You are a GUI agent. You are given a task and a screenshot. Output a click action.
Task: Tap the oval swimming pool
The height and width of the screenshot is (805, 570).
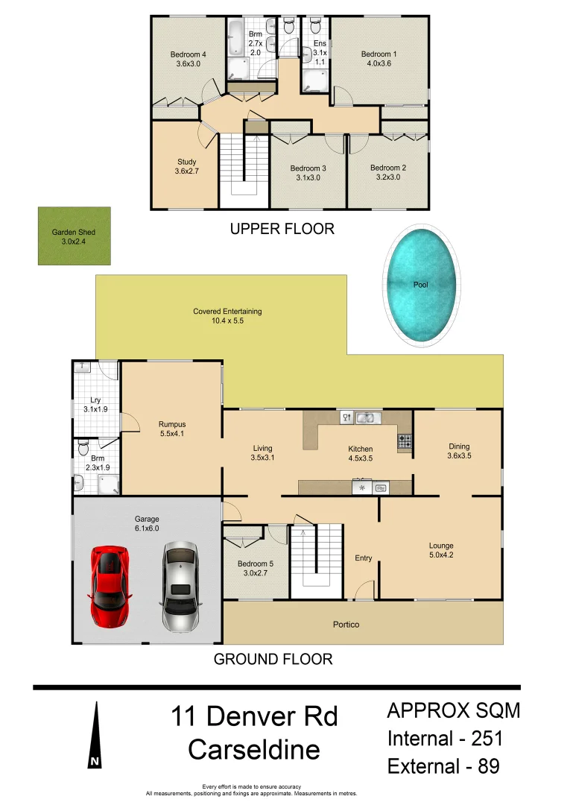(x=421, y=285)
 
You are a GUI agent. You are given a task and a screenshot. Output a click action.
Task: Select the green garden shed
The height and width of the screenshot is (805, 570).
(x=74, y=236)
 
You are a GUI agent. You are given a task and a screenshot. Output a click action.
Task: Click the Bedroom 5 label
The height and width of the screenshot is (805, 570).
(x=256, y=569)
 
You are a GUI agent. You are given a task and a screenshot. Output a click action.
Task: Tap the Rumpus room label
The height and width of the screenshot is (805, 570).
(x=171, y=429)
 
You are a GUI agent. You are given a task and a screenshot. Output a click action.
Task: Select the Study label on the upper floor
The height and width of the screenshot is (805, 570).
(x=186, y=166)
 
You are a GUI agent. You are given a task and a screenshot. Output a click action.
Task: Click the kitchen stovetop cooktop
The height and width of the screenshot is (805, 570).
(x=405, y=442)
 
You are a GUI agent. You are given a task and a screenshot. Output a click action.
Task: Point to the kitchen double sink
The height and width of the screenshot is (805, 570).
(x=365, y=418)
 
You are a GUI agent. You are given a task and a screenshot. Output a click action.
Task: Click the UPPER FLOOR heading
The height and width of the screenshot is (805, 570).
(x=282, y=229)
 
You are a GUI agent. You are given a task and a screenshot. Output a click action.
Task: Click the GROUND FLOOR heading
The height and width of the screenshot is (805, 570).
(x=273, y=659)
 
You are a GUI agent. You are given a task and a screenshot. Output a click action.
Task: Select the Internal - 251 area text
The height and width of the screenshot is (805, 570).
(x=445, y=739)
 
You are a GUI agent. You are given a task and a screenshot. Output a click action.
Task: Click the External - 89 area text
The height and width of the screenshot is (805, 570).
(x=443, y=765)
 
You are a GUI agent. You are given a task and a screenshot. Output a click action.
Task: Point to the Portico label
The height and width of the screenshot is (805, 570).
(x=346, y=625)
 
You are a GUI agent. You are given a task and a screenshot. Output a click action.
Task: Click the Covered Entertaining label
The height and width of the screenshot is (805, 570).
(x=227, y=316)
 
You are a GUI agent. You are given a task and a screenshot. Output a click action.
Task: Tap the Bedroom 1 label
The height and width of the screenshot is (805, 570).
(x=379, y=59)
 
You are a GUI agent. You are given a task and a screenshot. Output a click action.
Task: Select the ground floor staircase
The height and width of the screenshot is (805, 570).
(x=315, y=563)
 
